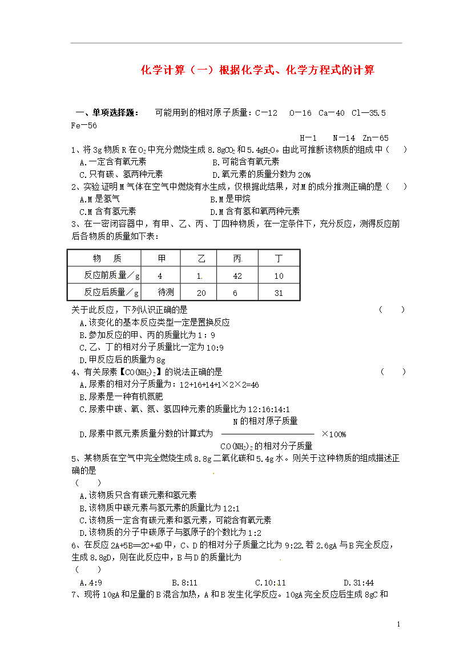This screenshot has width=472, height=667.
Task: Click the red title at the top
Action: [257, 70]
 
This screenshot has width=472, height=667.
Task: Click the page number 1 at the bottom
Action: [399, 625]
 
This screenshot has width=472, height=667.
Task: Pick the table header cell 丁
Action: [279, 258]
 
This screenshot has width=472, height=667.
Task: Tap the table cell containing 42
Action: [237, 276]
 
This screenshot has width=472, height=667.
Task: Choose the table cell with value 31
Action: [279, 293]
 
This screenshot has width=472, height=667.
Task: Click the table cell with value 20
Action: [201, 293]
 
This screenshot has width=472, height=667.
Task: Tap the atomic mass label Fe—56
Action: [84, 125]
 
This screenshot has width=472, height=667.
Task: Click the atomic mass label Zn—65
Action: [375, 138]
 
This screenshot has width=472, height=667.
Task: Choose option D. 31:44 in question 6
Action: [358, 582]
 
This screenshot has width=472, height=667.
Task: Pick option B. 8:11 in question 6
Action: [184, 582]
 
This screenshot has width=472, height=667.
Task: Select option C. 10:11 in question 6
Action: [271, 582]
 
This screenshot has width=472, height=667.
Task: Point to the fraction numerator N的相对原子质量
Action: [265, 421]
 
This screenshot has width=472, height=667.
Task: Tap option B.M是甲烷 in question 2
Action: [230, 199]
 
